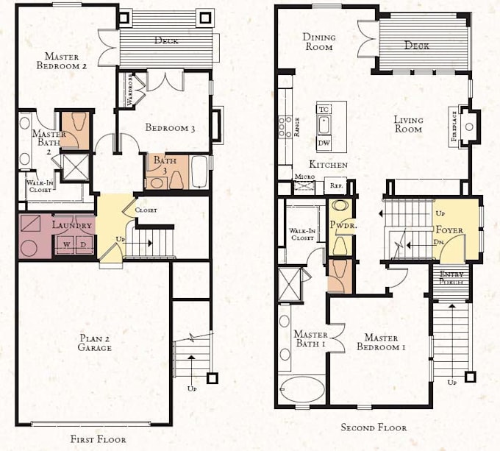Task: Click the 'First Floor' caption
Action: (x=93, y=439)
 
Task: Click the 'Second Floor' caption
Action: (x=373, y=427)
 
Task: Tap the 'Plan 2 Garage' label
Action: (x=96, y=343)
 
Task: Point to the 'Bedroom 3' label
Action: (x=170, y=128)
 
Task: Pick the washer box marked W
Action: (x=66, y=244)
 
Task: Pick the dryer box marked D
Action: (x=83, y=244)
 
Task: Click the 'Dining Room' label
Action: (x=318, y=42)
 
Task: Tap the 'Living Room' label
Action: (x=407, y=124)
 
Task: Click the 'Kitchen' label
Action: (x=328, y=165)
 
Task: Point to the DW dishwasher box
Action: (x=324, y=142)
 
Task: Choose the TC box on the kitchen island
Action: (x=324, y=110)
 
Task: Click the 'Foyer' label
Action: (x=449, y=230)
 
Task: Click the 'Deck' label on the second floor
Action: (x=417, y=46)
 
